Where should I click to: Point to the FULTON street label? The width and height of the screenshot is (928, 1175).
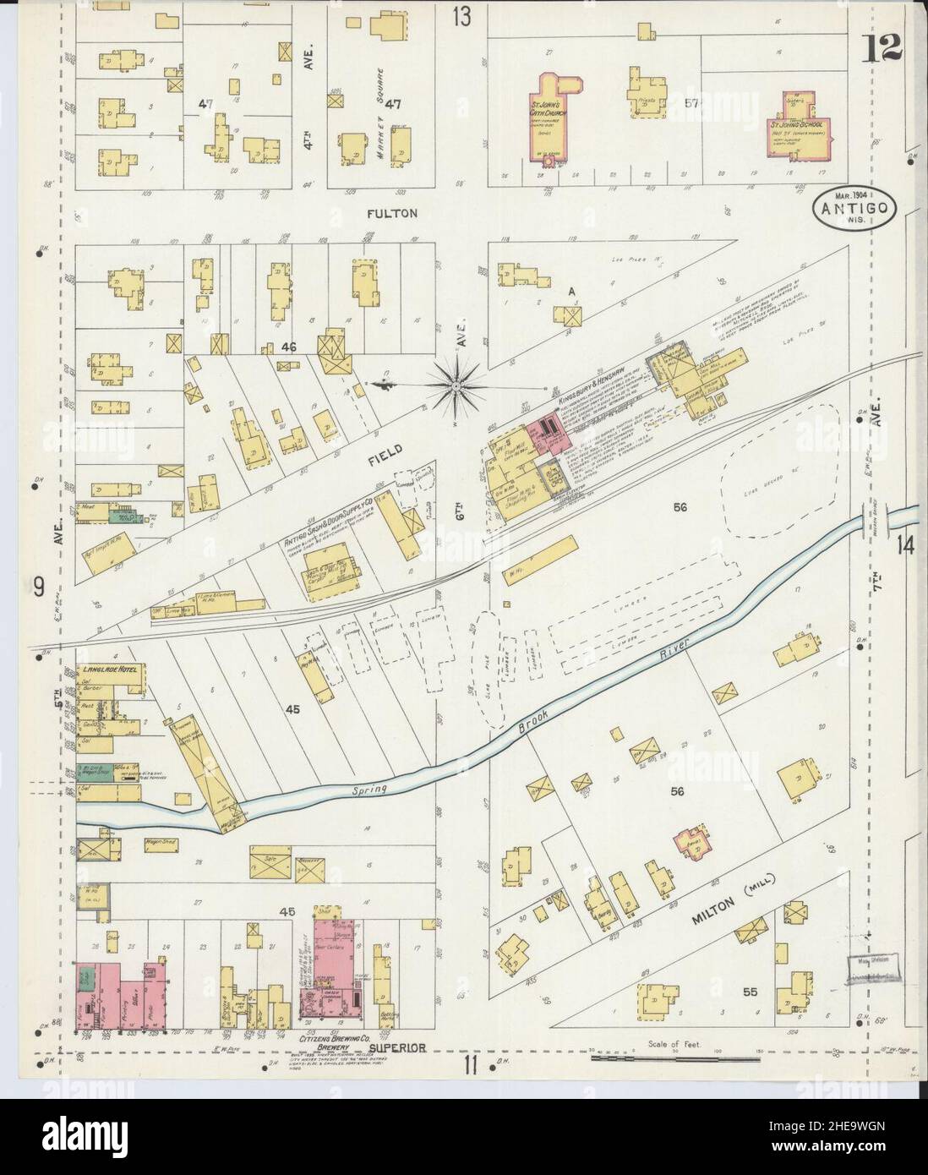[x=392, y=214]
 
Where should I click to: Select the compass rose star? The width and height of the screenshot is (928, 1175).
[x=456, y=386]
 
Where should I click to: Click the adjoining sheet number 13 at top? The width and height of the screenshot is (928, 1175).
[x=461, y=16]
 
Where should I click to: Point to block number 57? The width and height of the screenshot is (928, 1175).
[x=692, y=104]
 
